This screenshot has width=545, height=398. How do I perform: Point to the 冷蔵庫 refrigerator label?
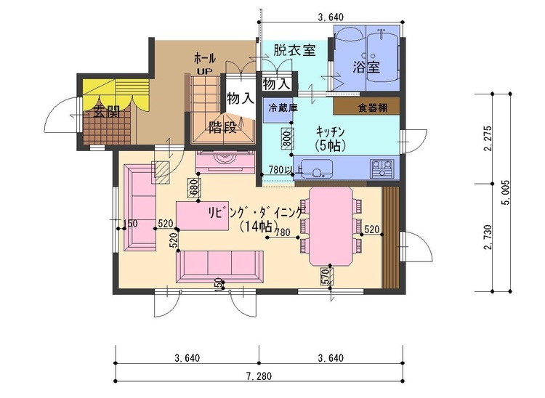coord(283,107)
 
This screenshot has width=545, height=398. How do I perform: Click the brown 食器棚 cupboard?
coord(368,107)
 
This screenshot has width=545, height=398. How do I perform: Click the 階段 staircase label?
coord(224,127)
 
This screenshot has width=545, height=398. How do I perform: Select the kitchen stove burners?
coord(382,170)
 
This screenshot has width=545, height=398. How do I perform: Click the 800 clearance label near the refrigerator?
coord(286,138)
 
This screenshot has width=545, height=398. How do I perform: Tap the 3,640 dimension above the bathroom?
coord(331,17)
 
